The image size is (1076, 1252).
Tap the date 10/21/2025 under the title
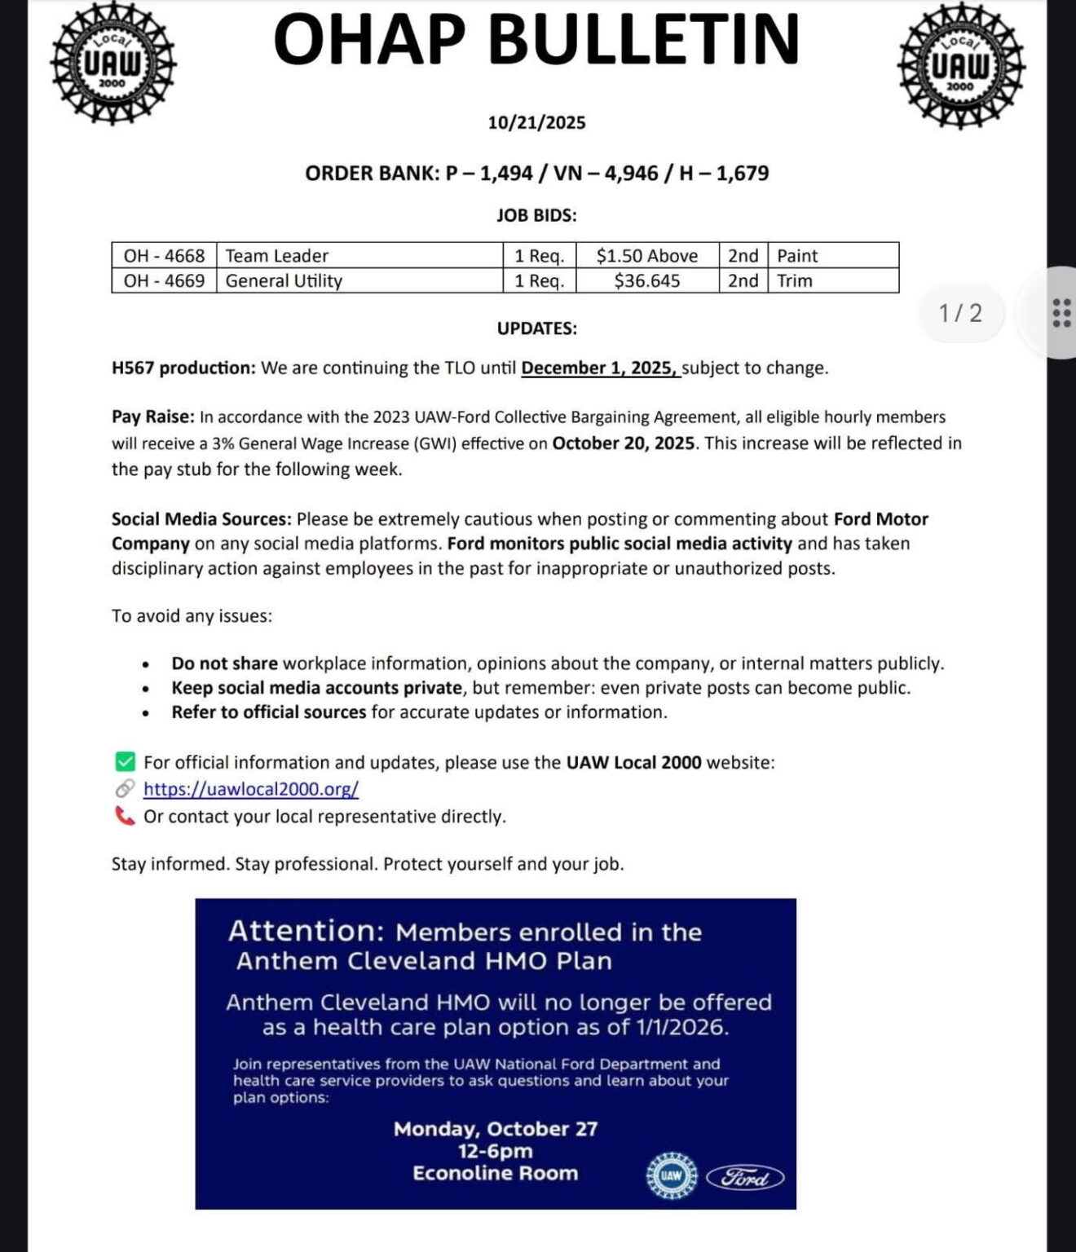[536, 122]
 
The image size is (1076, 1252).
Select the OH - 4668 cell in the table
[164, 255]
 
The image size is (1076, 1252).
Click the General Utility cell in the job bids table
[284, 280]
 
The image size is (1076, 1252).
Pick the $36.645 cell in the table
[646, 280]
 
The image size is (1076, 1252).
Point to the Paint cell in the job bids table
[796, 255]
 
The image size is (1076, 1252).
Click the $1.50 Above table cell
[646, 255]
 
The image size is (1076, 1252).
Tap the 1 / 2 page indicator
[960, 313]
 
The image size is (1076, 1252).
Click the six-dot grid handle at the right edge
[1061, 313]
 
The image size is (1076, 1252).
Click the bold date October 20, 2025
[623, 443]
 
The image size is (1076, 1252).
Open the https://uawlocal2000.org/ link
[251, 789]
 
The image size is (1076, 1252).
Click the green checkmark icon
[125, 762]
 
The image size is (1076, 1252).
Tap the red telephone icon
[125, 816]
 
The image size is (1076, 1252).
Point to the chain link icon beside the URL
[125, 789]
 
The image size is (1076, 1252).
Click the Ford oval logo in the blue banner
[744, 1178]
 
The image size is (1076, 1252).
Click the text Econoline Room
[495, 1173]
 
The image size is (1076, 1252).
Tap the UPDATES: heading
[536, 328]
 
